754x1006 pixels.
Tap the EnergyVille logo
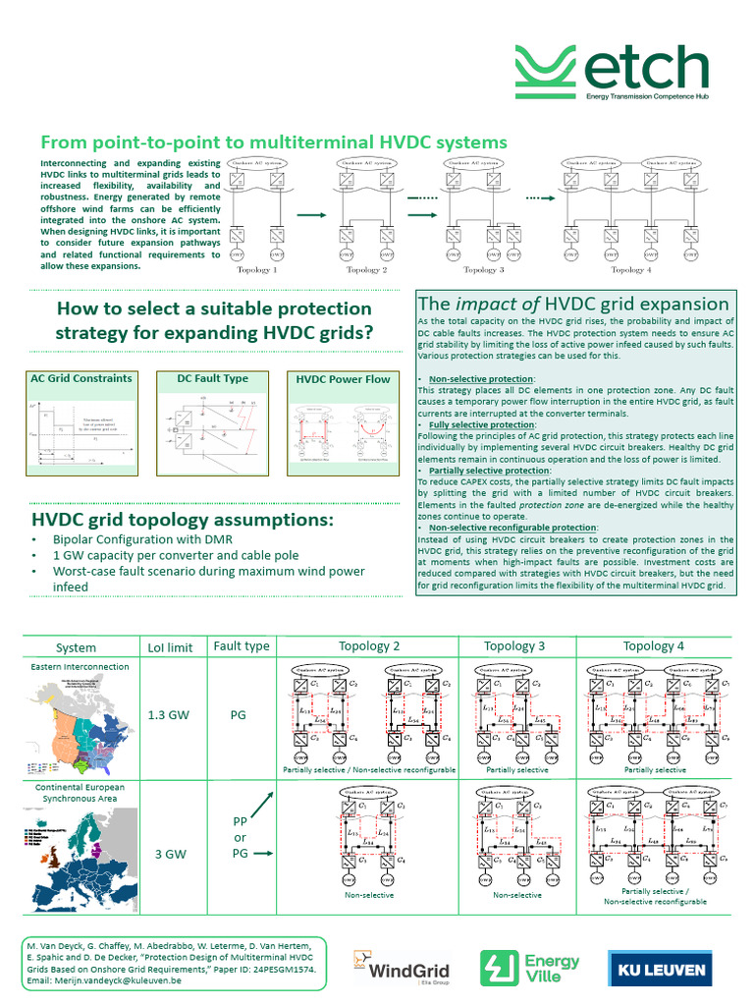pos(529,969)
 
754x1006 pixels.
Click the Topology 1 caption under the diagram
pos(257,269)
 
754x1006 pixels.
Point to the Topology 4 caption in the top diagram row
pos(630,269)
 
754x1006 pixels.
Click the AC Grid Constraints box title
pos(81,378)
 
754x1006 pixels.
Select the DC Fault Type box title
pos(212,378)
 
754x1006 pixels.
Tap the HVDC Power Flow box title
pos(344,379)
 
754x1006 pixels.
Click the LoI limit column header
pos(169,647)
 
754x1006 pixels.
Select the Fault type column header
pos(241,646)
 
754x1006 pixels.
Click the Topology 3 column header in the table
pos(515,645)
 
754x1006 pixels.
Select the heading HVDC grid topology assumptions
pos(183,519)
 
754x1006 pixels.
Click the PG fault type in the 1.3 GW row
pos(238,715)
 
